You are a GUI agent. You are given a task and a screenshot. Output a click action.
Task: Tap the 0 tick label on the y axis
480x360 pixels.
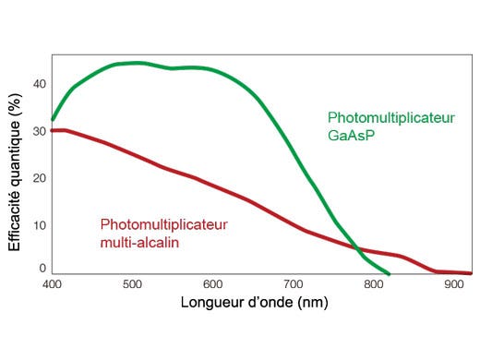[42, 269]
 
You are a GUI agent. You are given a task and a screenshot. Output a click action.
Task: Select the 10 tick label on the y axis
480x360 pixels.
[39, 225]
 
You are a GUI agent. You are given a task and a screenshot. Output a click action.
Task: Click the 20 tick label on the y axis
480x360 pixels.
[39, 178]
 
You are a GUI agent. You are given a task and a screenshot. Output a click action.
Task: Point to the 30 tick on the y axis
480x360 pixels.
[39, 131]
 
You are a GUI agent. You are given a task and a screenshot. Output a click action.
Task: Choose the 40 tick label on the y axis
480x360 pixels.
[39, 84]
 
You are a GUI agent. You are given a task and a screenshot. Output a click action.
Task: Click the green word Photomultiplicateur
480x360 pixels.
[391, 117]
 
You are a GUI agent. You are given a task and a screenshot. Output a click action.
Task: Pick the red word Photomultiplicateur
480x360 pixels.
[163, 224]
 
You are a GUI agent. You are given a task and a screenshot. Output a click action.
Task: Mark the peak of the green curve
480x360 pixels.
[137, 63]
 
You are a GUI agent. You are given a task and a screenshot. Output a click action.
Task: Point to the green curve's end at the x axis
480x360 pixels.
[389, 274]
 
